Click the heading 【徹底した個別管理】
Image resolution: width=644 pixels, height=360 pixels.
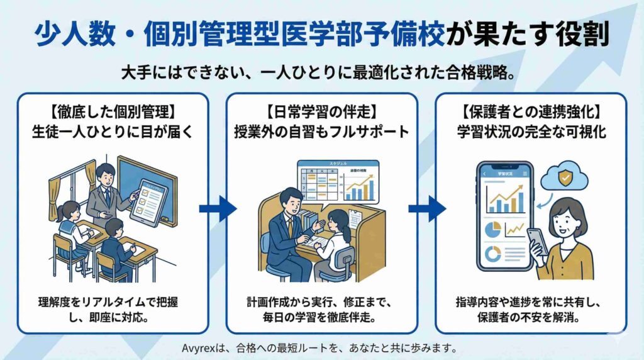112,115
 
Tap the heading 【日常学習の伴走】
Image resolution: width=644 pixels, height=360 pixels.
321,115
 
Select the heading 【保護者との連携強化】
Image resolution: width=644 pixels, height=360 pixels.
531,115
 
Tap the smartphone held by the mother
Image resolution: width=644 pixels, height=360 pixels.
536,242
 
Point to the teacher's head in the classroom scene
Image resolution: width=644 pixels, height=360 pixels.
106,173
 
